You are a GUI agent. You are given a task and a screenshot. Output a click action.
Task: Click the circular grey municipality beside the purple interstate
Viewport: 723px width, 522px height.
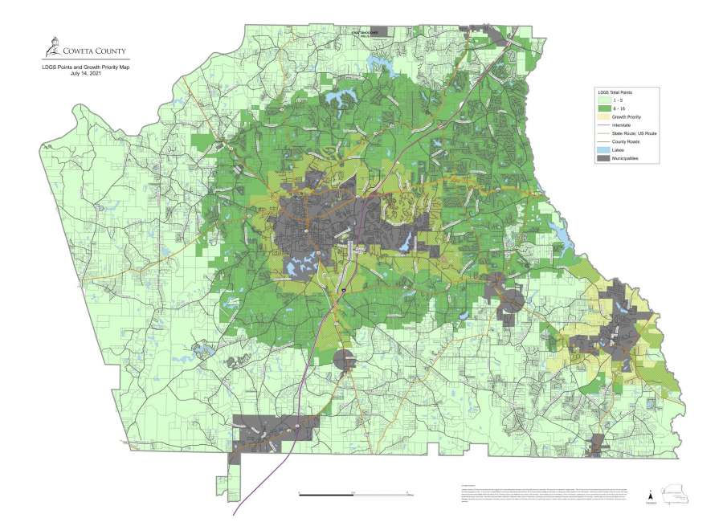point(344,360)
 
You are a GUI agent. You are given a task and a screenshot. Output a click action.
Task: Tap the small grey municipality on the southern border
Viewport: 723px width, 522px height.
point(598,445)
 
